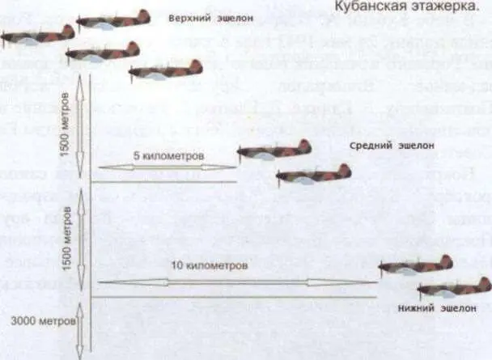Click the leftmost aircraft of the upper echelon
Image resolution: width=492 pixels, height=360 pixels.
tap(37, 36)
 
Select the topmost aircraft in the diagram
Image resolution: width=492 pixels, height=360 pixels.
tap(114, 19)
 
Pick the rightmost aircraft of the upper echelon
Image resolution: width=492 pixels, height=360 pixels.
tap(166, 71)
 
